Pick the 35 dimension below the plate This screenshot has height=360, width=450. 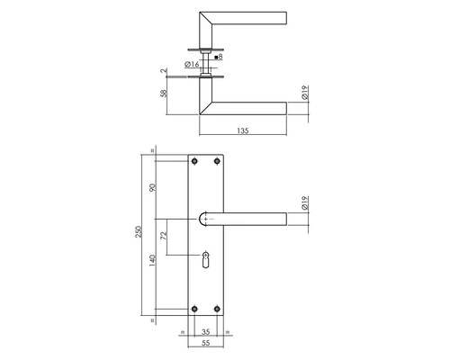pos(206,332)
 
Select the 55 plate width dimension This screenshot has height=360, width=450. pos(206,344)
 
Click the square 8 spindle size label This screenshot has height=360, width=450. pos(219,57)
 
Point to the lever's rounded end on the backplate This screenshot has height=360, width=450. pos(203,219)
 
